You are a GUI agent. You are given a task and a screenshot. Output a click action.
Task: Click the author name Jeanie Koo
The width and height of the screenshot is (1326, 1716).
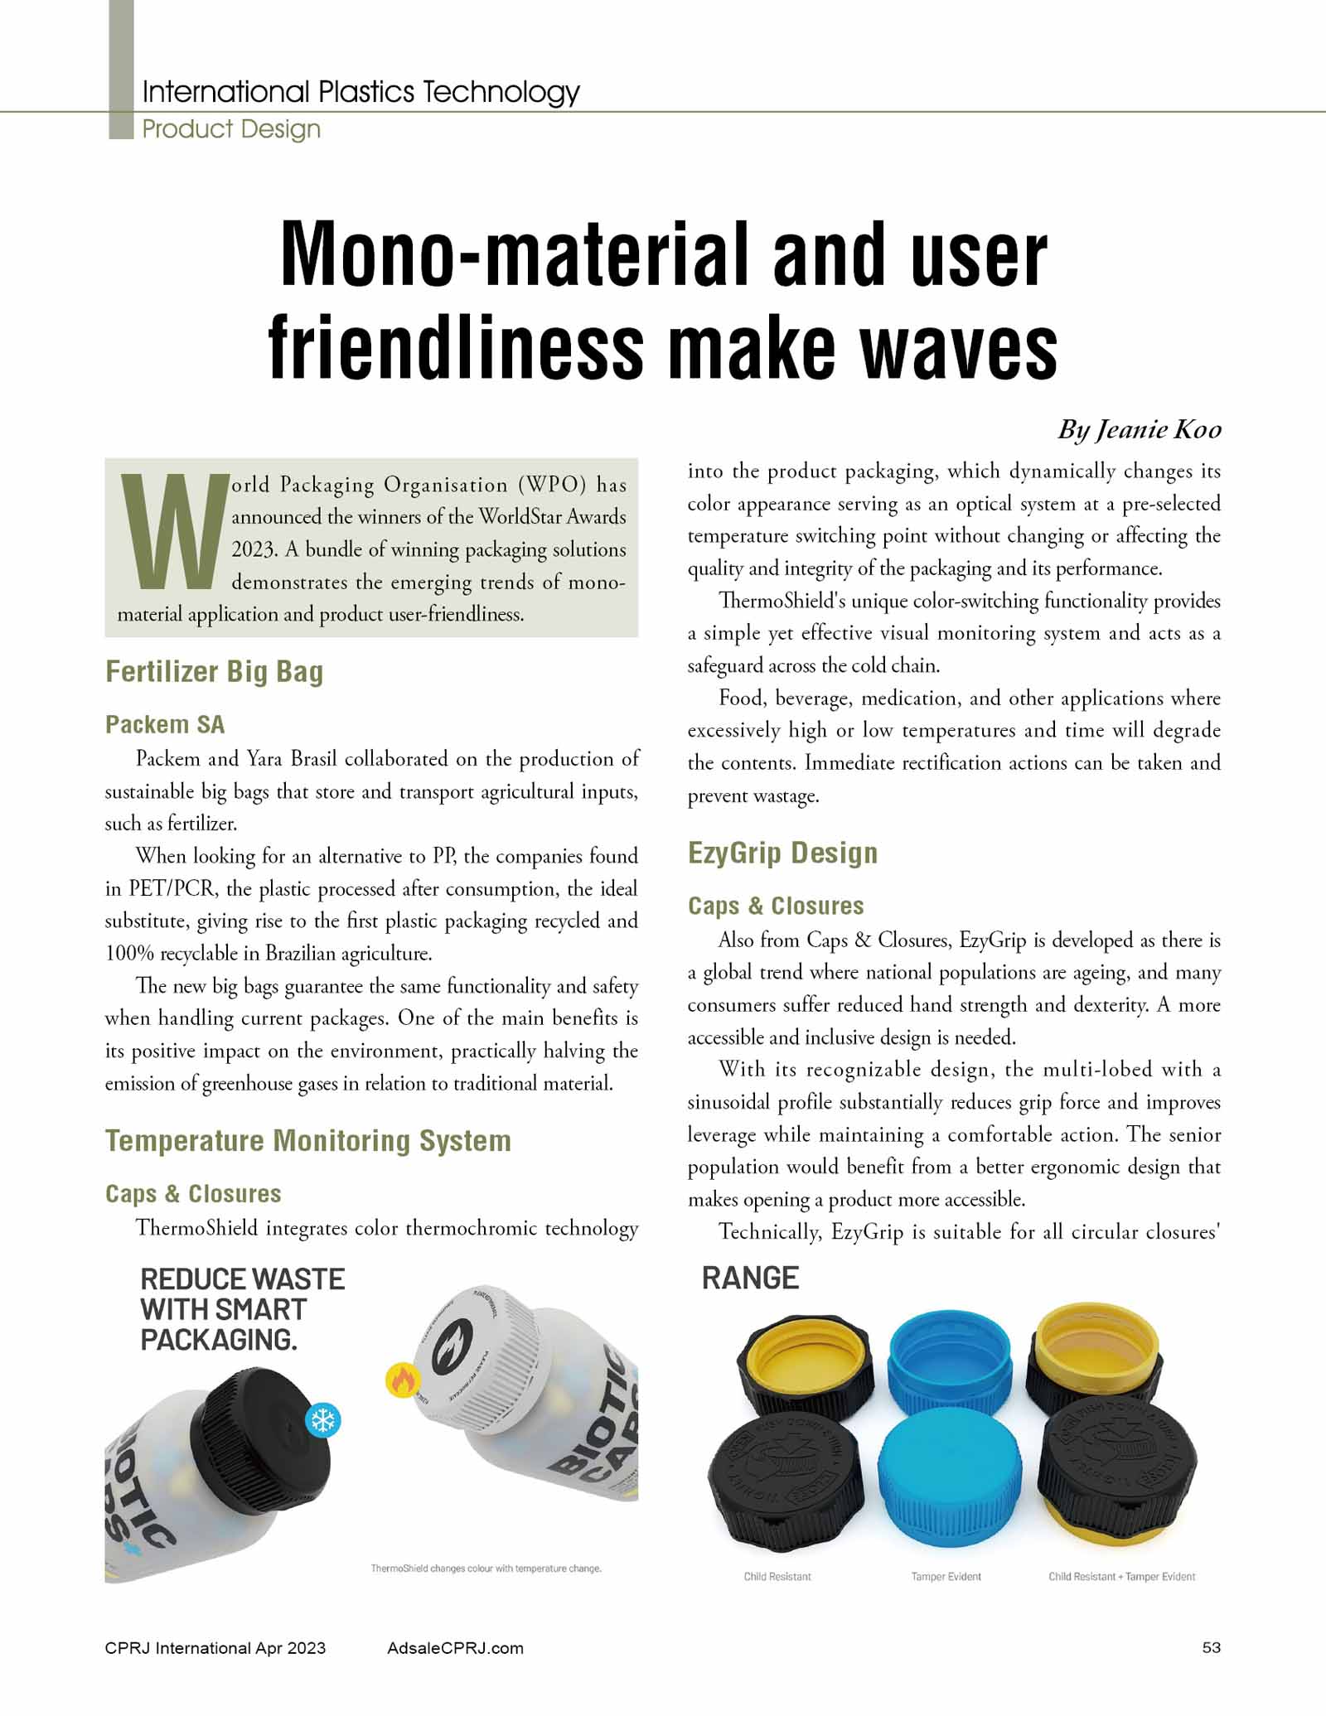coord(1139,429)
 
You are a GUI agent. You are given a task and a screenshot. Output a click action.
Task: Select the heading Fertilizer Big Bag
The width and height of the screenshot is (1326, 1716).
coord(214,671)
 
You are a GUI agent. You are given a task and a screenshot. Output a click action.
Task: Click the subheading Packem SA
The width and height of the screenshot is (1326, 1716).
coord(165,724)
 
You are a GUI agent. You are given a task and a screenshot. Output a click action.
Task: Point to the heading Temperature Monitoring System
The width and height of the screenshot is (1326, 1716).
coord(307,1141)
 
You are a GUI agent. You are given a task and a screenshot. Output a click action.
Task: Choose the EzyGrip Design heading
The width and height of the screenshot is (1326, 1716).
coord(782,853)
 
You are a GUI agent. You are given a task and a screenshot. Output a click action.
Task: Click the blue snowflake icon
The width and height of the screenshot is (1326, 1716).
coord(322,1420)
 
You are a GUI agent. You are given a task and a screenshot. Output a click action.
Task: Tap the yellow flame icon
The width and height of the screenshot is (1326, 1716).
coord(403,1380)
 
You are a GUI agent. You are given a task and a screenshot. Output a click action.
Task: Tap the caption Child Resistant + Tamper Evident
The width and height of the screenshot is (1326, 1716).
coord(1121,1576)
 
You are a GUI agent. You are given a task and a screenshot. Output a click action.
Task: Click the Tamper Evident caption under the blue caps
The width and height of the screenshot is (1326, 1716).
coord(946,1576)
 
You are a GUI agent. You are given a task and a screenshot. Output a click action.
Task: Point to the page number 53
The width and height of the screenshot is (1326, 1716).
coord(1211,1647)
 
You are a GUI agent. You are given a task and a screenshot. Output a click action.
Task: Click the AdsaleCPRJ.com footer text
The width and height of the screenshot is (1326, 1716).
coord(455,1648)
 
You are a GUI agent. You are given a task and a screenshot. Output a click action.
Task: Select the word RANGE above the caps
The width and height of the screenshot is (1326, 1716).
coord(750,1279)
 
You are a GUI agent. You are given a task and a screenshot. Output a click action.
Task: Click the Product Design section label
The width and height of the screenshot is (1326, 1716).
coord(231,129)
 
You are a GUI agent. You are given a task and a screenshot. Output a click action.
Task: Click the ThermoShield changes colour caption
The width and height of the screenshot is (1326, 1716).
coord(486,1568)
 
